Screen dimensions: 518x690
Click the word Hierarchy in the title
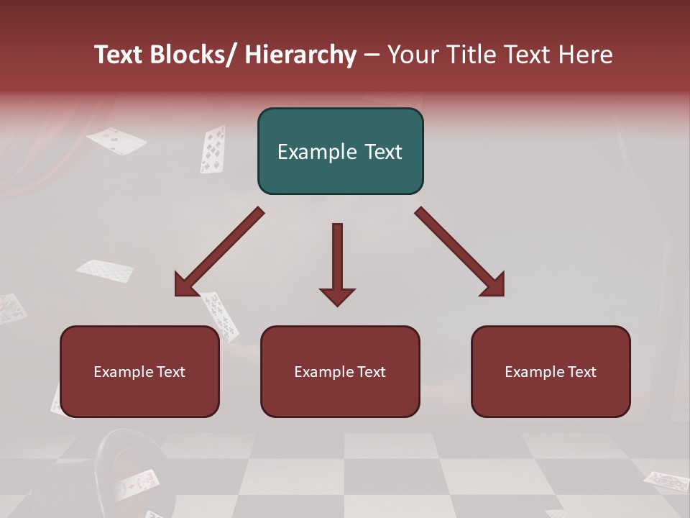(x=300, y=55)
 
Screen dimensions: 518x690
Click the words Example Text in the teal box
(x=340, y=152)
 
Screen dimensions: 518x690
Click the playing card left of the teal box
(x=212, y=149)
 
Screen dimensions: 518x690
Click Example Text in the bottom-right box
(x=551, y=372)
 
